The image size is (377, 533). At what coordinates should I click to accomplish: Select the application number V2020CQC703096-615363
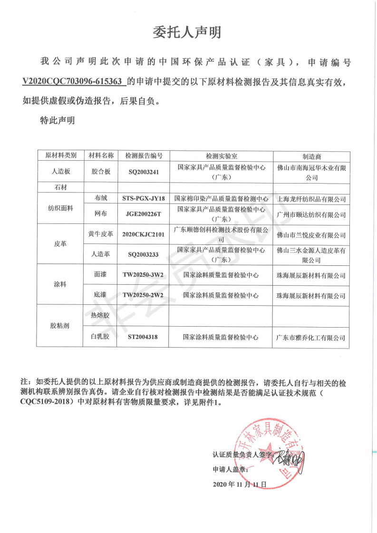[x=74, y=81]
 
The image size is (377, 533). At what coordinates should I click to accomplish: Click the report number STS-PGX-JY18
[x=144, y=198]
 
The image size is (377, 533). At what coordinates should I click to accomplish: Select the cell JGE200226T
[x=144, y=214]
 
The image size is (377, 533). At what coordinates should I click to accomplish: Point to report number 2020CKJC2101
[x=144, y=234]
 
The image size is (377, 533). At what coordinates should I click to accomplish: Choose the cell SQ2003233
[x=144, y=254]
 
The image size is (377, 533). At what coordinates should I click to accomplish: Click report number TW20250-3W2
[x=144, y=275]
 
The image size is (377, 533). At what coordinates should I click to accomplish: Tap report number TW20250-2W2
[x=144, y=295]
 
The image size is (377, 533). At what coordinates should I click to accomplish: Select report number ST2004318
[x=144, y=338]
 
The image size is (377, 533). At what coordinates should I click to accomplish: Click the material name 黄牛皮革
[x=100, y=234]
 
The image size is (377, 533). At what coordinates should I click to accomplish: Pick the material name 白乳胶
[x=100, y=338]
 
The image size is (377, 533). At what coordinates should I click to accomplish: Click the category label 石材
[x=60, y=188]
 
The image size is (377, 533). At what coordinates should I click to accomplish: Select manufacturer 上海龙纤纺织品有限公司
[x=311, y=199]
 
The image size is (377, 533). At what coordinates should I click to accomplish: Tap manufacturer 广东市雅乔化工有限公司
[x=311, y=338]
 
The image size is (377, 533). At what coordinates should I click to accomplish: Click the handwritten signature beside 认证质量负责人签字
[x=290, y=459]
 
